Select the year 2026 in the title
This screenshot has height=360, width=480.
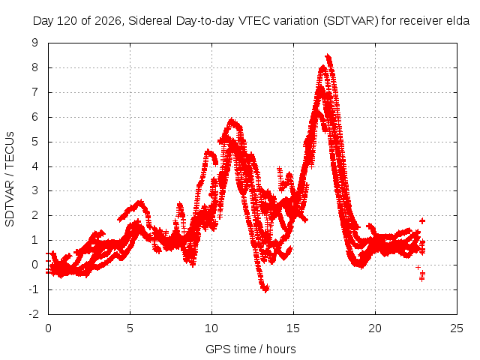pos(107,21)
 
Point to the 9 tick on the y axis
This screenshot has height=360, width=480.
pos(35,43)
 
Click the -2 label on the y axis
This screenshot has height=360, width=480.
pos(34,313)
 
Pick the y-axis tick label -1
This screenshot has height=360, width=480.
pos(34,289)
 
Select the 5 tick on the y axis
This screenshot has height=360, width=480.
pos(35,142)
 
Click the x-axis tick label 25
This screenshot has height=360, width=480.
pos(457,328)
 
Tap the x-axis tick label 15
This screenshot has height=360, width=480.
pos(293,328)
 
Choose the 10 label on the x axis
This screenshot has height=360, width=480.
pos(211,328)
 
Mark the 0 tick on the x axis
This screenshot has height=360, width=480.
pos(48,328)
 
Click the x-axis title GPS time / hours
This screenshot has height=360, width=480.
pos(250,349)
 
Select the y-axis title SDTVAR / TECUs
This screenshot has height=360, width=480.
pos(10,179)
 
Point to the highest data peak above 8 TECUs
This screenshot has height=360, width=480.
pos(328,57)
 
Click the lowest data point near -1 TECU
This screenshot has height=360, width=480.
pos(265,289)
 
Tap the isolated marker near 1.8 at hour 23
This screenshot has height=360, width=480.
pos(422,220)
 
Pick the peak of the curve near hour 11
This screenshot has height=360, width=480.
pos(232,120)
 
